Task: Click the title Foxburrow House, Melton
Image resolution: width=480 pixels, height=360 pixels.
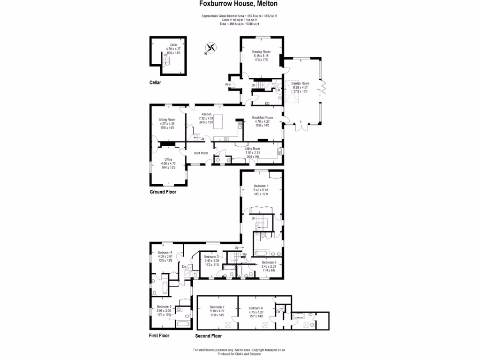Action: point(238,4)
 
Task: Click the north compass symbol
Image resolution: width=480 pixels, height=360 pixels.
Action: point(211,47)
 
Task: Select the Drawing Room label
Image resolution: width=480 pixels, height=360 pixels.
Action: point(261,52)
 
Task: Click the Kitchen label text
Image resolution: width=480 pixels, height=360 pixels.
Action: point(207,114)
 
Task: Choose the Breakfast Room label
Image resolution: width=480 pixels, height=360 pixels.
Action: point(262,117)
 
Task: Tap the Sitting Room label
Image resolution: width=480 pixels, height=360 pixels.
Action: point(167,120)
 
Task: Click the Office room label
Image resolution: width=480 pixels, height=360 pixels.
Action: point(168,159)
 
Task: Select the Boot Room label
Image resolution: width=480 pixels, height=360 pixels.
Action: point(201,153)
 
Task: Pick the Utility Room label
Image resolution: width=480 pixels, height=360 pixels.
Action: point(252,149)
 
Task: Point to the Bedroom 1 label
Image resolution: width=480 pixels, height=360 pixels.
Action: point(261,186)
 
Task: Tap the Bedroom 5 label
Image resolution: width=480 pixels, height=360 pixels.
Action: point(167,307)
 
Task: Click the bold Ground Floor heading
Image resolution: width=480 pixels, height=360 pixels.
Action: point(163,192)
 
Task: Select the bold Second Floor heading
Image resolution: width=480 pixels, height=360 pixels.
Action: point(208,336)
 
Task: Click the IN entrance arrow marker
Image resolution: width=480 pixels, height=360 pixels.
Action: point(228,84)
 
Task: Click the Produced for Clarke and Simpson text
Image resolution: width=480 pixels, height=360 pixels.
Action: point(240,354)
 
